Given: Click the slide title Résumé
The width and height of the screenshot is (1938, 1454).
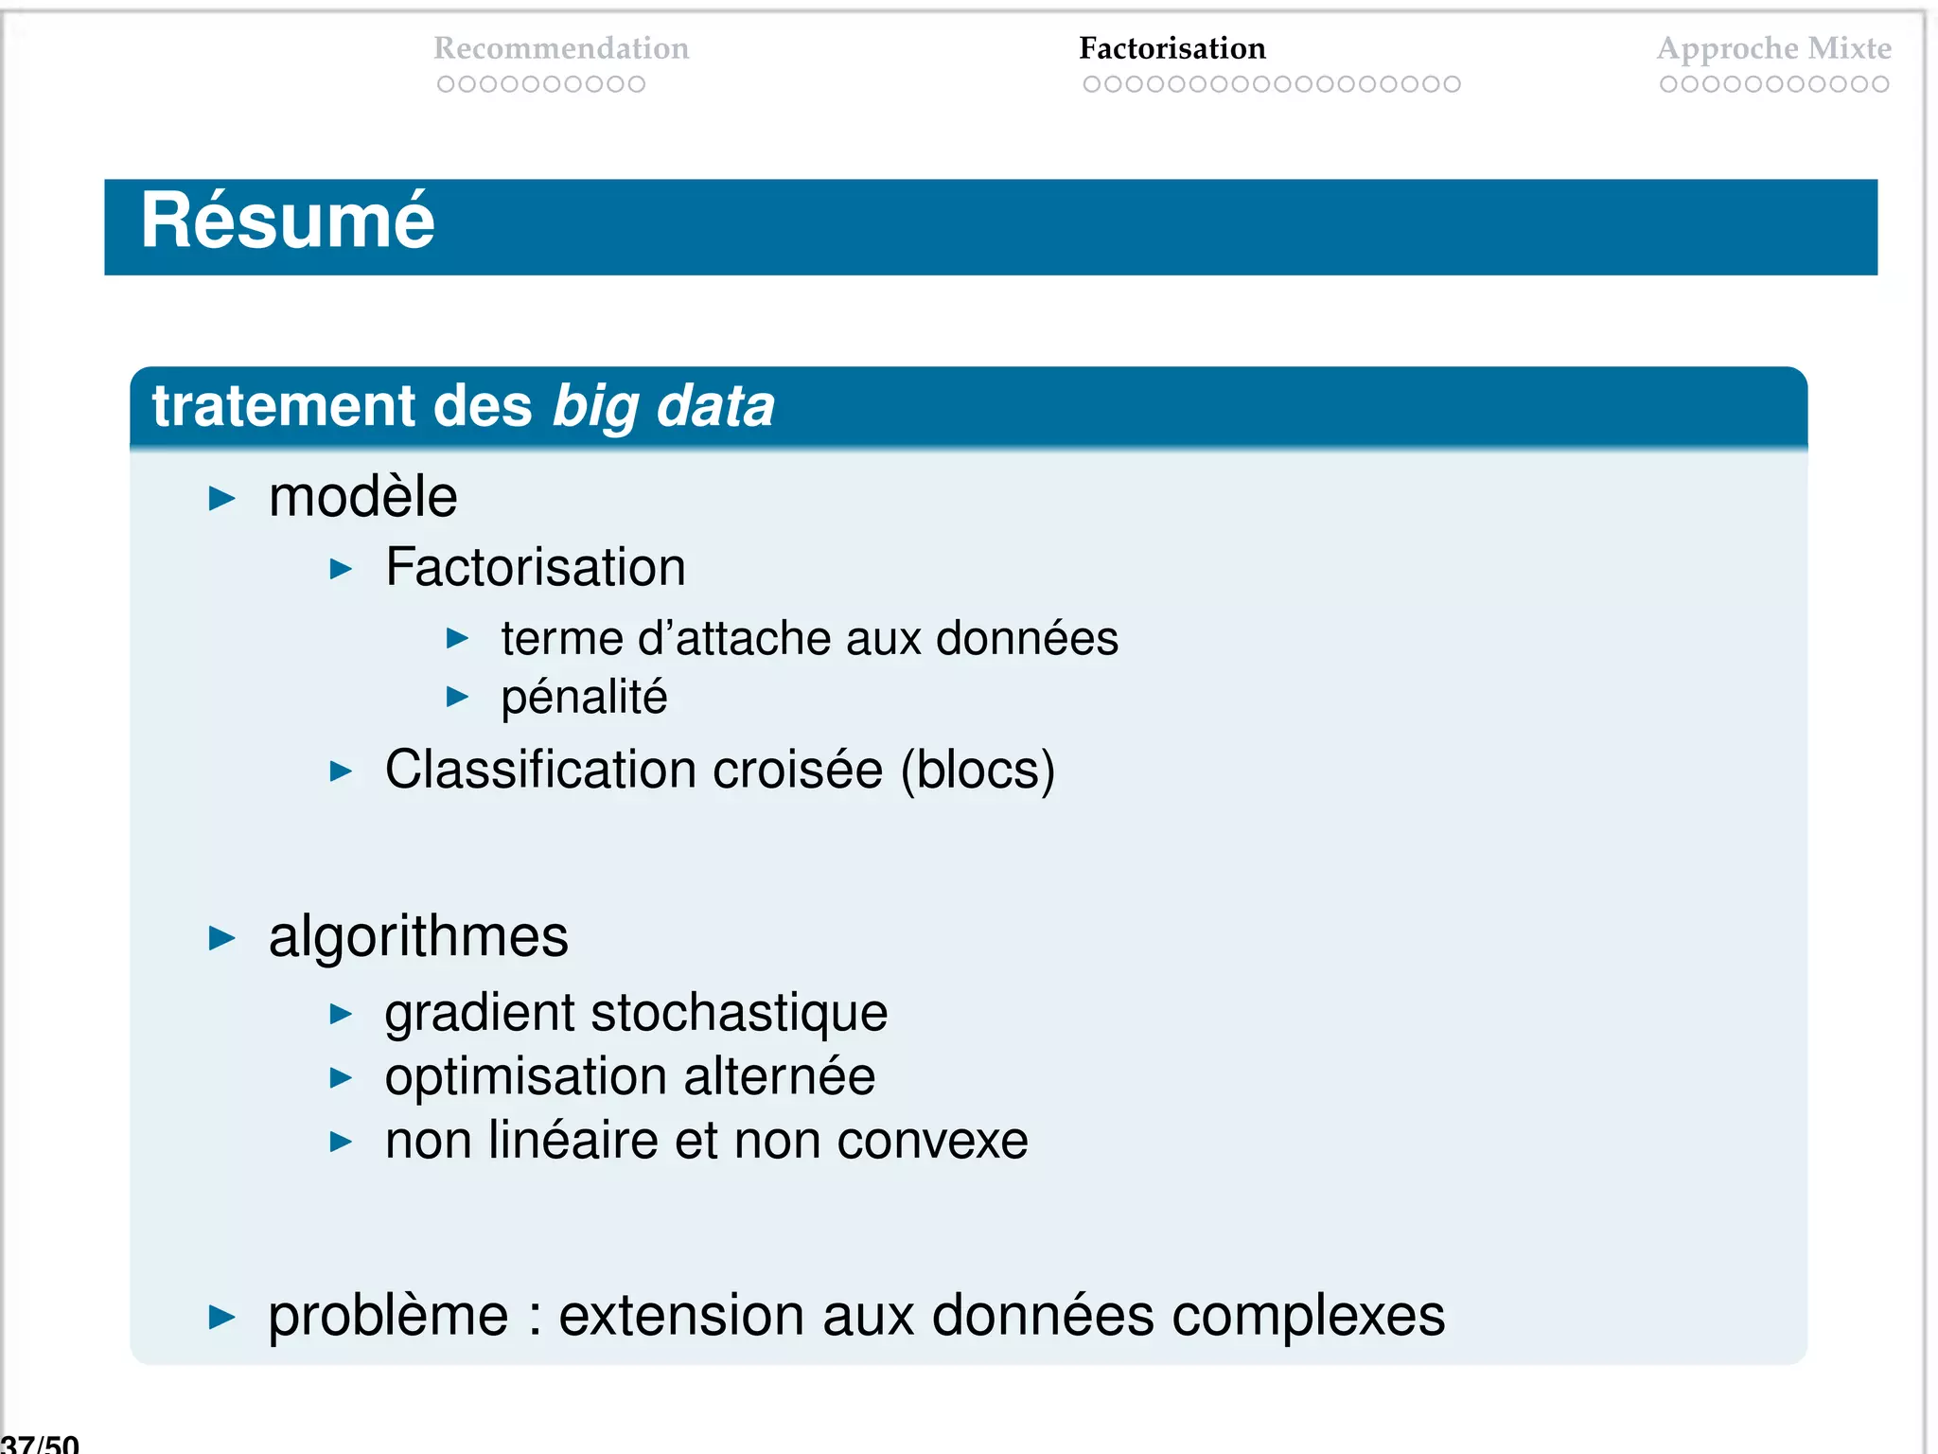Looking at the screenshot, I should pyautogui.click(x=288, y=222).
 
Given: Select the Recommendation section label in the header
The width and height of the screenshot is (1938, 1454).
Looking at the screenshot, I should pyautogui.click(x=561, y=48).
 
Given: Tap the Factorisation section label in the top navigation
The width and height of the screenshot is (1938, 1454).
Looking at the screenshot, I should pyautogui.click(x=1172, y=48).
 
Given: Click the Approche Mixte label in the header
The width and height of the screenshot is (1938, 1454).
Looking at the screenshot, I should pyautogui.click(x=1773, y=48).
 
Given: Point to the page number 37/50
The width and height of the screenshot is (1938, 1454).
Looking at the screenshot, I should pyautogui.click(x=40, y=1444).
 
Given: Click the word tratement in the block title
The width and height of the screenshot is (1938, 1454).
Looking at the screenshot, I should pyautogui.click(x=283, y=406).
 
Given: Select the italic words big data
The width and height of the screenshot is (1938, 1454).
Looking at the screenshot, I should pyautogui.click(x=663, y=406).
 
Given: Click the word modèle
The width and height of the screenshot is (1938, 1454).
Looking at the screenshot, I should pyautogui.click(x=362, y=497).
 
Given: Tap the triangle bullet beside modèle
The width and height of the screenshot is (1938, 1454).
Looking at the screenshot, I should pyautogui.click(x=221, y=498).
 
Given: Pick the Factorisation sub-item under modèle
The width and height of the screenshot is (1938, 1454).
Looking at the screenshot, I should pyautogui.click(x=535, y=568).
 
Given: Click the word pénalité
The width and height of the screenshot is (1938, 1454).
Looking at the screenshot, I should pyautogui.click(x=584, y=698).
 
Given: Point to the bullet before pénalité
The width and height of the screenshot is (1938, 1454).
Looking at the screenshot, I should pyautogui.click(x=457, y=698).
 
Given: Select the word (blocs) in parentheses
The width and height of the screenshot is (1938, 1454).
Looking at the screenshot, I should pyautogui.click(x=978, y=770).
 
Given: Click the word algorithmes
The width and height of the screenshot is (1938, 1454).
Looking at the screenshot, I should pyautogui.click(x=418, y=937).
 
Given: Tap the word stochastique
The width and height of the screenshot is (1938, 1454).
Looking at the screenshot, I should pyautogui.click(x=739, y=1013).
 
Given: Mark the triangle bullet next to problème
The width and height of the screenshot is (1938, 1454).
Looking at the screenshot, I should pyautogui.click(x=221, y=1317).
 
